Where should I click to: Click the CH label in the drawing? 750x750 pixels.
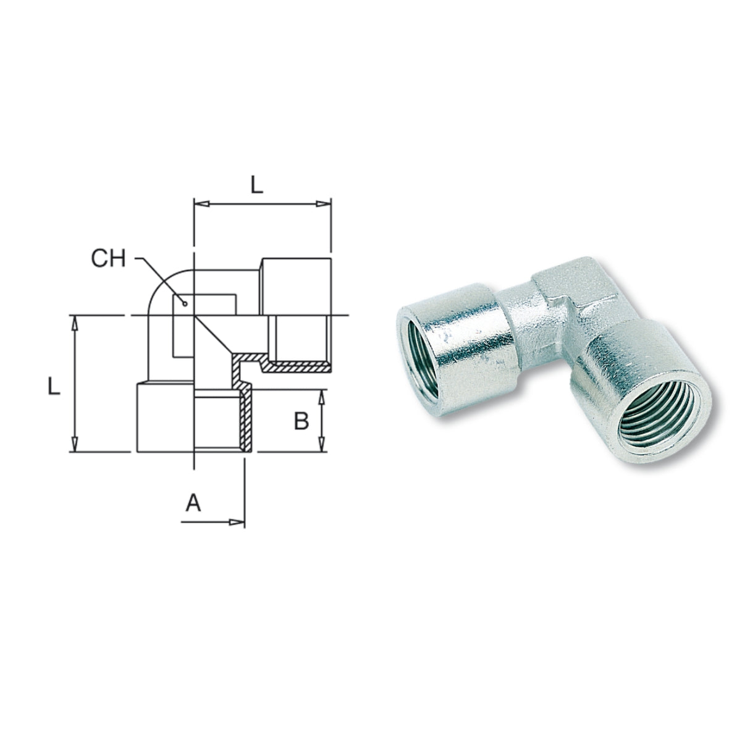coord(108,258)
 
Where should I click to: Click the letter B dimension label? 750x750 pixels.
coord(301,421)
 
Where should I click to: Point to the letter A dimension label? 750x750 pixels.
coord(193,504)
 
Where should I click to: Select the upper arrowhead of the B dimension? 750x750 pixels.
coord(321,396)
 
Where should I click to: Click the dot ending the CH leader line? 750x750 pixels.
coord(184,302)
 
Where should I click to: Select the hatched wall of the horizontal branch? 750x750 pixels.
coord(297,368)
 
